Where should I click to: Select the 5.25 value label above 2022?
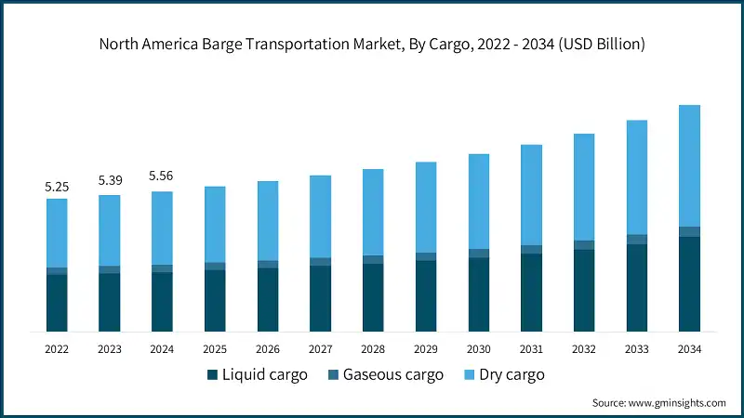57,187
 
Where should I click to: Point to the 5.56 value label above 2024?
162,176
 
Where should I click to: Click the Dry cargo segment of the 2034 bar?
689,165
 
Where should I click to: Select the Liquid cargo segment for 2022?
57,303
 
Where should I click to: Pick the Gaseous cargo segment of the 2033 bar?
636,240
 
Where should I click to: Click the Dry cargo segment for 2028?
373,212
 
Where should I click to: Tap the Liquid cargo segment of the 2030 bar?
478,294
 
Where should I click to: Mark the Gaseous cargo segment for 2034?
689,232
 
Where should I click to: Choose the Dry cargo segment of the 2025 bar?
215,224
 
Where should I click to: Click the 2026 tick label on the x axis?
268,349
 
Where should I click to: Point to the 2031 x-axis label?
531,349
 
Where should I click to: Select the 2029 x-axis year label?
426,349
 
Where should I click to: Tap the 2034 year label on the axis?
689,349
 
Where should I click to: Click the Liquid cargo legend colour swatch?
212,375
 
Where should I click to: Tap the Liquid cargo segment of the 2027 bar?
320,299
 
